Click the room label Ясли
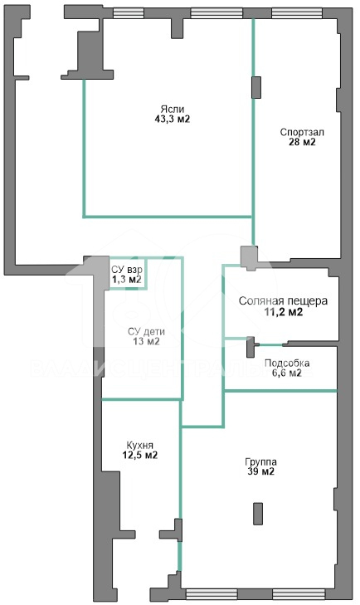[172, 110]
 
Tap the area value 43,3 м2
[172, 120]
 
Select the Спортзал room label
[302, 132]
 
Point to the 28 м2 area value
[302, 142]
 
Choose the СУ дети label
[146, 331]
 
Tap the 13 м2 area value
[146, 341]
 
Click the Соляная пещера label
[283, 301]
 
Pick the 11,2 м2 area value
[284, 312]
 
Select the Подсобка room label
[287, 363]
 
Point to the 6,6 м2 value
[287, 373]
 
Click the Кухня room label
[139, 446]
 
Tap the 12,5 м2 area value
[139, 456]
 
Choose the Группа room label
[260, 462]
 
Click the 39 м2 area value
[260, 471]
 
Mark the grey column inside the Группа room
[258, 514]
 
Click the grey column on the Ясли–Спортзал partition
[255, 87]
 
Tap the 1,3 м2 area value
[127, 280]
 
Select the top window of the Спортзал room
[297, 13]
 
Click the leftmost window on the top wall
[128, 13]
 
